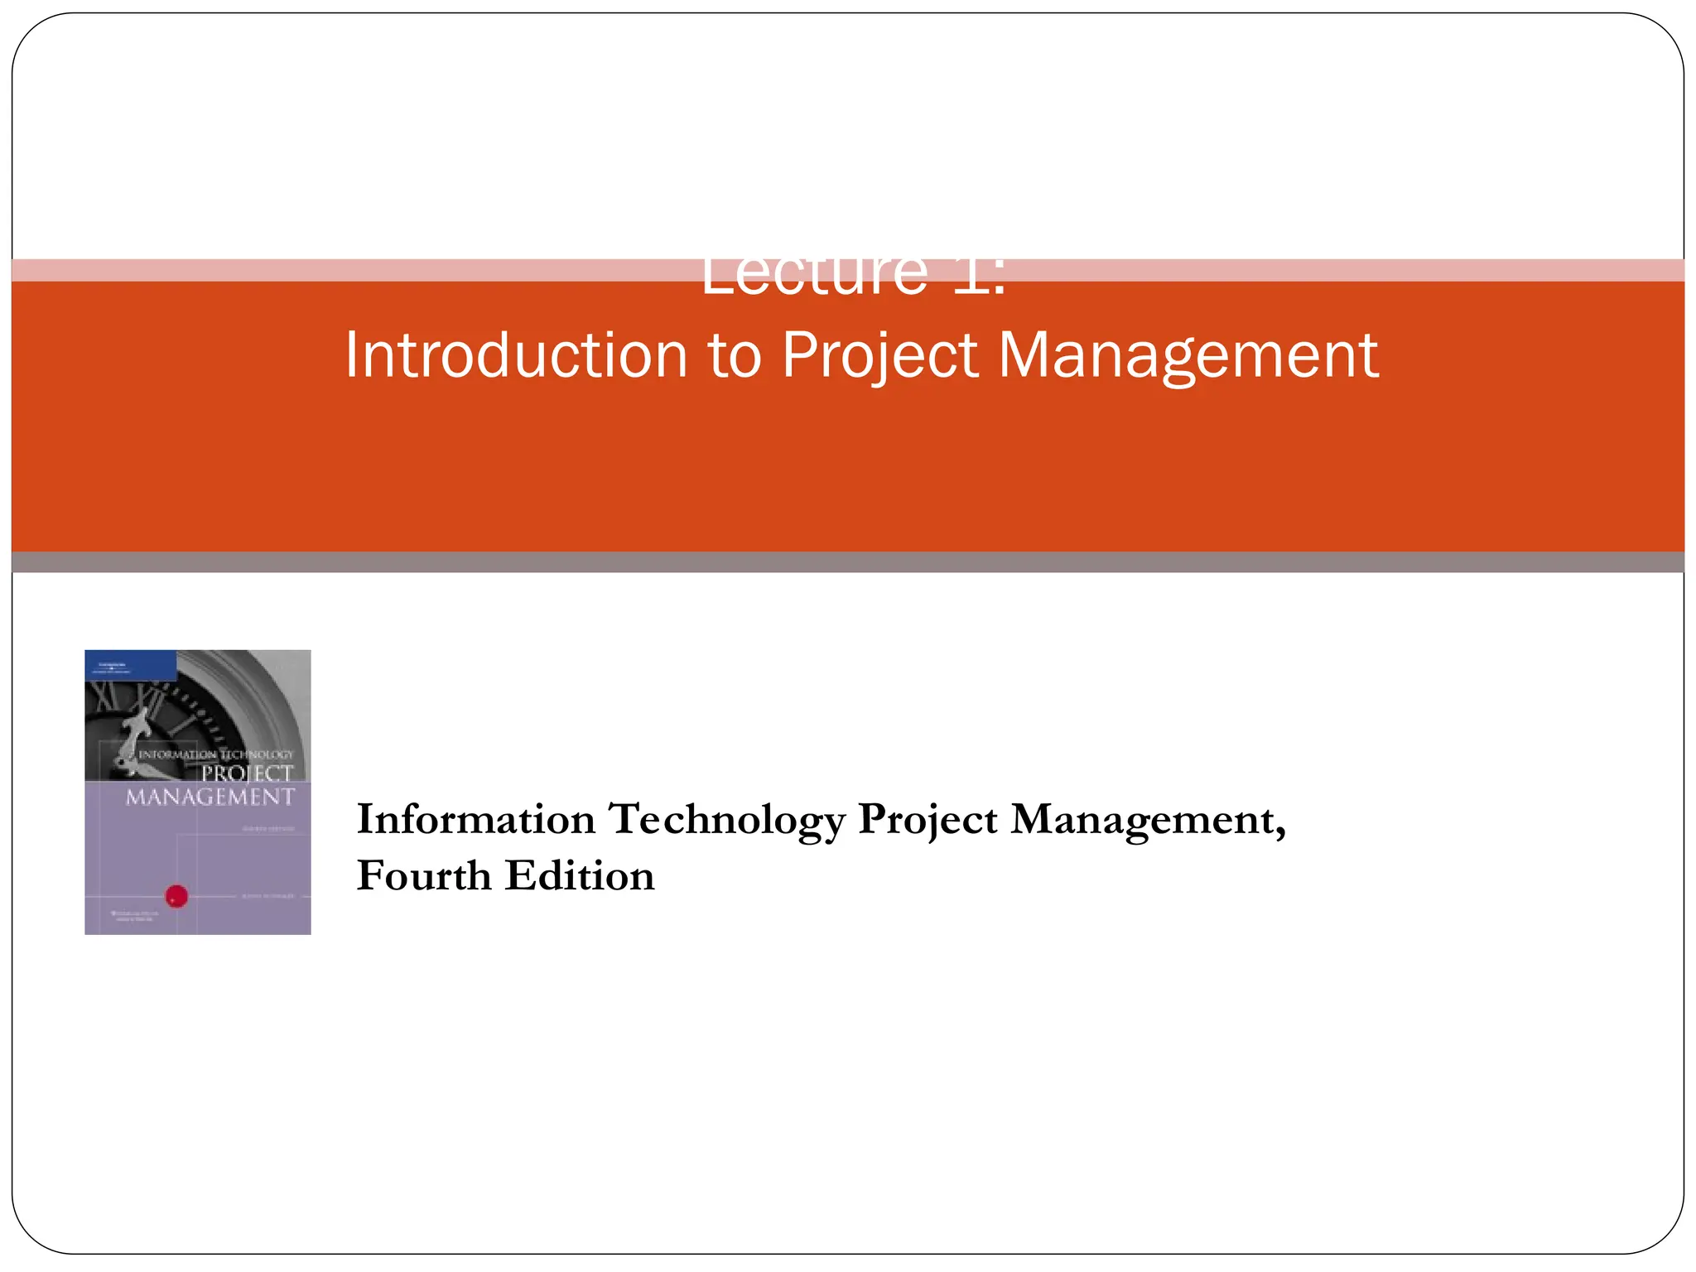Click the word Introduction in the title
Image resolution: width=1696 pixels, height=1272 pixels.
[516, 355]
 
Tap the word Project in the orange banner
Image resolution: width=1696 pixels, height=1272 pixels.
[879, 357]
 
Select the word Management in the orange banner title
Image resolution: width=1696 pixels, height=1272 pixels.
[1188, 357]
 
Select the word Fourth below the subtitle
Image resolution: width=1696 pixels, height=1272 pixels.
[424, 876]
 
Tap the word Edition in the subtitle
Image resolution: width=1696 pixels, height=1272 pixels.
[580, 876]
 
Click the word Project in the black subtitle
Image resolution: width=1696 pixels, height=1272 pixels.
[927, 821]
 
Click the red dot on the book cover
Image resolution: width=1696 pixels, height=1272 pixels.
[177, 895]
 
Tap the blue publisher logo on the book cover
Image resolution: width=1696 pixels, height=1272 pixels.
[130, 665]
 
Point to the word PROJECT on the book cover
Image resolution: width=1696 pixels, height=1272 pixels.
[247, 773]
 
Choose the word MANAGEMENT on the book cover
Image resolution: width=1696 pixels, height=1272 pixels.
[210, 797]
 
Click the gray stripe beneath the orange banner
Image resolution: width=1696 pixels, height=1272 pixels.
[848, 562]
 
